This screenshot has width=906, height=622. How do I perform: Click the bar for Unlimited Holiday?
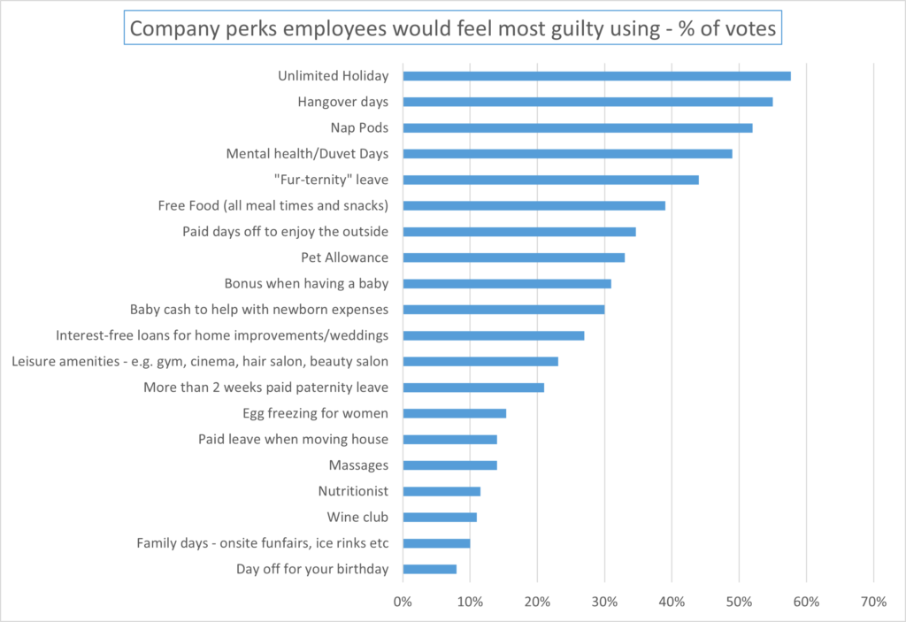click(596, 76)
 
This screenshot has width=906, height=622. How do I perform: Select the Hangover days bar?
click(587, 102)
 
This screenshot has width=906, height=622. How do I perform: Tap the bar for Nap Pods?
click(577, 127)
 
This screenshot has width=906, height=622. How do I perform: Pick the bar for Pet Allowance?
click(513, 257)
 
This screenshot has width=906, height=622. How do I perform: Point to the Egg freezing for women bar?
click(454, 413)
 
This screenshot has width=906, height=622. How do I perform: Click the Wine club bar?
click(440, 517)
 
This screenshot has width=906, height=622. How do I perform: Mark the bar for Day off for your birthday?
click(429, 569)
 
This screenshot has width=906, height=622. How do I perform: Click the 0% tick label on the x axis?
click(403, 602)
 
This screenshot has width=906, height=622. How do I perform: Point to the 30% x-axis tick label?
click(604, 602)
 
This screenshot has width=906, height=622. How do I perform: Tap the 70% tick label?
click(873, 602)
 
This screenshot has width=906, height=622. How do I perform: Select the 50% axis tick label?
click(739, 602)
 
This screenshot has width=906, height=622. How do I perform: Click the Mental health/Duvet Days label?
click(307, 154)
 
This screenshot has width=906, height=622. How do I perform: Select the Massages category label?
click(358, 465)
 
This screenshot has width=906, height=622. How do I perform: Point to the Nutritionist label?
click(353, 491)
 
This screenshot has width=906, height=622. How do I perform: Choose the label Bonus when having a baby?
click(306, 284)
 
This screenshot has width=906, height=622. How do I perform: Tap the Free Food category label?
click(273, 206)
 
